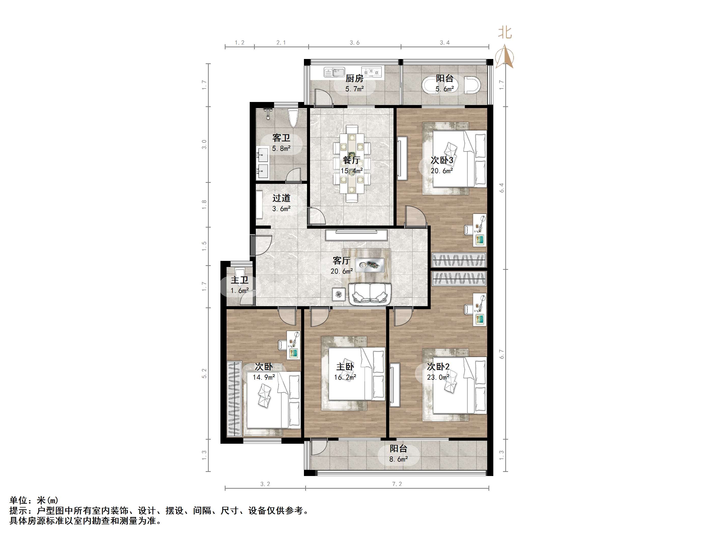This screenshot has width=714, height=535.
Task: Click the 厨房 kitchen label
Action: pyautogui.click(x=354, y=78)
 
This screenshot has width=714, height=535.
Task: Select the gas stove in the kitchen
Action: pyautogui.click(x=371, y=72)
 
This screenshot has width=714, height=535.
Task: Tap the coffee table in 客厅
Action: pyautogui.click(x=370, y=265)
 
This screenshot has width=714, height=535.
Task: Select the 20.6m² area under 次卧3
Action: pyautogui.click(x=442, y=171)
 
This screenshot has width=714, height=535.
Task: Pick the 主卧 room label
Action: pyautogui.click(x=345, y=367)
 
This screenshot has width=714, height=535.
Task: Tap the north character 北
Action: pyautogui.click(x=505, y=32)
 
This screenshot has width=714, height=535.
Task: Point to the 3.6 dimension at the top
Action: pyautogui.click(x=354, y=42)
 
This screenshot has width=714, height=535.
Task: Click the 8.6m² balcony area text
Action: pyautogui.click(x=399, y=459)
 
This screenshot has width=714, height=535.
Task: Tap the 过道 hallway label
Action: pyautogui.click(x=281, y=198)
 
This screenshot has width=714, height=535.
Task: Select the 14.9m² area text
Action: pyautogui.click(x=264, y=377)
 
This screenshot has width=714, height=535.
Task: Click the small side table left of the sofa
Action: pyautogui.click(x=338, y=294)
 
